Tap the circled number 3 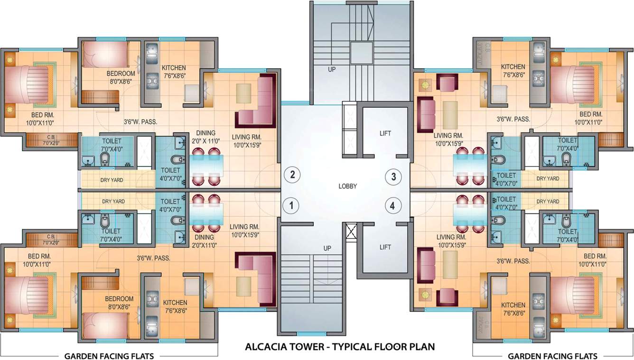click(393, 177)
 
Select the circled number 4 click(393, 206)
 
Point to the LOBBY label click(347, 186)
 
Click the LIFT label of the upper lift click(385, 133)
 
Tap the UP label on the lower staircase click(327, 248)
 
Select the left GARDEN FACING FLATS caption click(109, 356)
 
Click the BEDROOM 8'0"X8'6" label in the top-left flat click(120, 77)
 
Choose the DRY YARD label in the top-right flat click(547, 179)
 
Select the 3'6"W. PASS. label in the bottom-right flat click(513, 261)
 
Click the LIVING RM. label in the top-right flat click(449, 139)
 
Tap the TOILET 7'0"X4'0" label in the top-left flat click(111, 144)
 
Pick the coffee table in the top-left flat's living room click(244, 91)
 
